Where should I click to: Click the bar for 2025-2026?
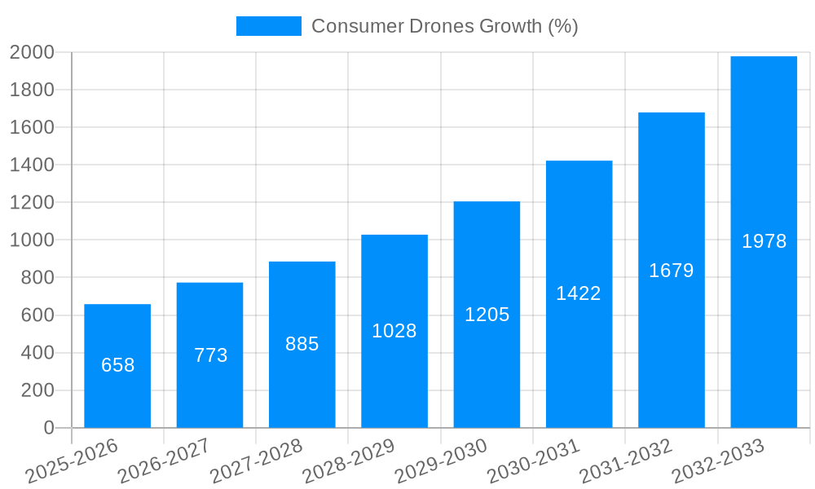[x=117, y=366]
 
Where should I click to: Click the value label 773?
[x=210, y=355]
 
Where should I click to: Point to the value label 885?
[x=302, y=344]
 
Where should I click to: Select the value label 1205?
[x=487, y=315]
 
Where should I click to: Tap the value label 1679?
[x=671, y=271]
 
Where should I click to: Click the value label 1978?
[x=764, y=241]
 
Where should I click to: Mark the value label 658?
[x=117, y=365]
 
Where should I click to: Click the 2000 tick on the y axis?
[x=32, y=52]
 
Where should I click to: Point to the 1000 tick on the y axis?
[x=32, y=240]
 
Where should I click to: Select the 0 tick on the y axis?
[x=48, y=428]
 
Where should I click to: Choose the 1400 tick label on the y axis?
[x=32, y=165]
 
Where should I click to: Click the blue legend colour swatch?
[x=268, y=26]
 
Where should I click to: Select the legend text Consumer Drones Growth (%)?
[x=445, y=26]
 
